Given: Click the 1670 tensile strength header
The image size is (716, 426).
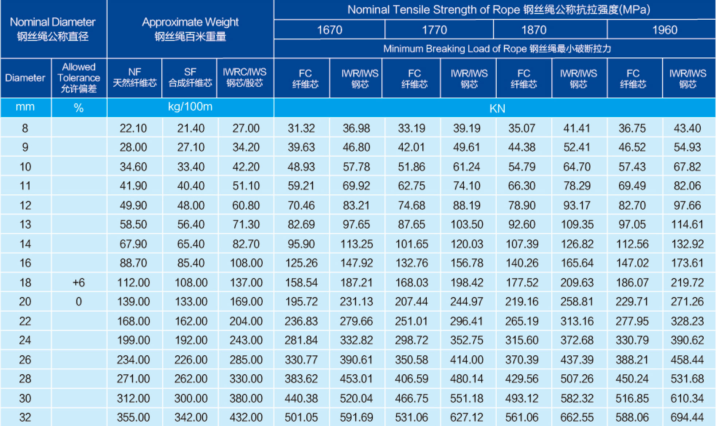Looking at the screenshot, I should pos(329,30).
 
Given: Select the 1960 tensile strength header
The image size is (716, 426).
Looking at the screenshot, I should pos(664,30).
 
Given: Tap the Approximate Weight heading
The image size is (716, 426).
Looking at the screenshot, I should pos(190,29).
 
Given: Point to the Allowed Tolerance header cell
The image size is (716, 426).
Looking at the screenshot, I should pos(79,78).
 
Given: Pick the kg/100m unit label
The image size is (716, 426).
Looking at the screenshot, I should pos(190,107).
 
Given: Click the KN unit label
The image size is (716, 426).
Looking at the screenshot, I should pos(497,109).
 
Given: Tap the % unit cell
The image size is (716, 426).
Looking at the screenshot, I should pos(79,108).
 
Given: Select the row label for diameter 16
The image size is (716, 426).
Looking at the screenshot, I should pos(25,263).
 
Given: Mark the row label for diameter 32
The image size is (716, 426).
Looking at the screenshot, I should pos(25,417).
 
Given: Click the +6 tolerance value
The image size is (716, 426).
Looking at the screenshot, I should pos(79,283).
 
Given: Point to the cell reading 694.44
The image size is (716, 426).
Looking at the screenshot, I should pos(687,417).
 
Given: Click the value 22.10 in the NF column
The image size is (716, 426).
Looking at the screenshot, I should pos(133,128).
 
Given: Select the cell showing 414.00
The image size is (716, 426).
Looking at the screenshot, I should pos(467,360).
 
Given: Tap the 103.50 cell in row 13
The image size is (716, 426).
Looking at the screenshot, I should pos(467,224).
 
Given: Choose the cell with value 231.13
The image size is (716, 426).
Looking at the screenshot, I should pos(356,301).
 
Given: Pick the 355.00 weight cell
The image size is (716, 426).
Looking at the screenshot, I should pos(133,417).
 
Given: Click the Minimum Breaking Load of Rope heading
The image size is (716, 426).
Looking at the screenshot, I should pos(497,49).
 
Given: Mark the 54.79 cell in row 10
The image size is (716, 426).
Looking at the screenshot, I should pos(522,167).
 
